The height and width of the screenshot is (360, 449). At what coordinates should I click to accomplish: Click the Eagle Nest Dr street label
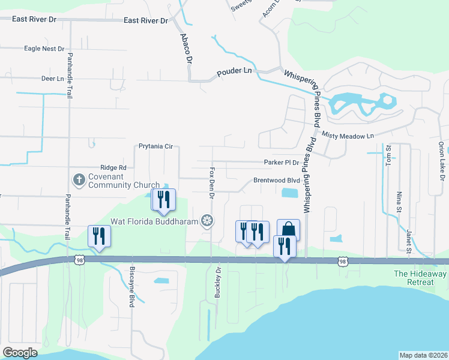point(44,49)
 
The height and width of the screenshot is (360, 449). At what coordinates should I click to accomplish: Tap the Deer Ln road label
point(52,79)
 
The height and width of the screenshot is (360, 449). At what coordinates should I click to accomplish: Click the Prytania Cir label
point(155,146)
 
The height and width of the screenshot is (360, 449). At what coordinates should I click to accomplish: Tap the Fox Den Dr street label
point(212,181)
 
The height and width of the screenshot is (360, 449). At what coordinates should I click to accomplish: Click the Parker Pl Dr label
point(282,162)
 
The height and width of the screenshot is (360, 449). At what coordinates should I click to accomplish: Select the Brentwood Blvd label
point(276,180)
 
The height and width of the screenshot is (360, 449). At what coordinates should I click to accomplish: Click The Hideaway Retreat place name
point(420,278)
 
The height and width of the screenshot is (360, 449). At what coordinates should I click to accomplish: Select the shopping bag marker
point(288,230)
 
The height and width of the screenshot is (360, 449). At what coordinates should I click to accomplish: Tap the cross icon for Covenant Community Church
point(79,179)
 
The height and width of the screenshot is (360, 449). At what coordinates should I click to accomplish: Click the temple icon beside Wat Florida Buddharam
point(208,220)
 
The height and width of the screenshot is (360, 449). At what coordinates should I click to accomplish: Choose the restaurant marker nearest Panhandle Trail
point(99,236)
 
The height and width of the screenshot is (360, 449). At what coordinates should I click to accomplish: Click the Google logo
point(20,353)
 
